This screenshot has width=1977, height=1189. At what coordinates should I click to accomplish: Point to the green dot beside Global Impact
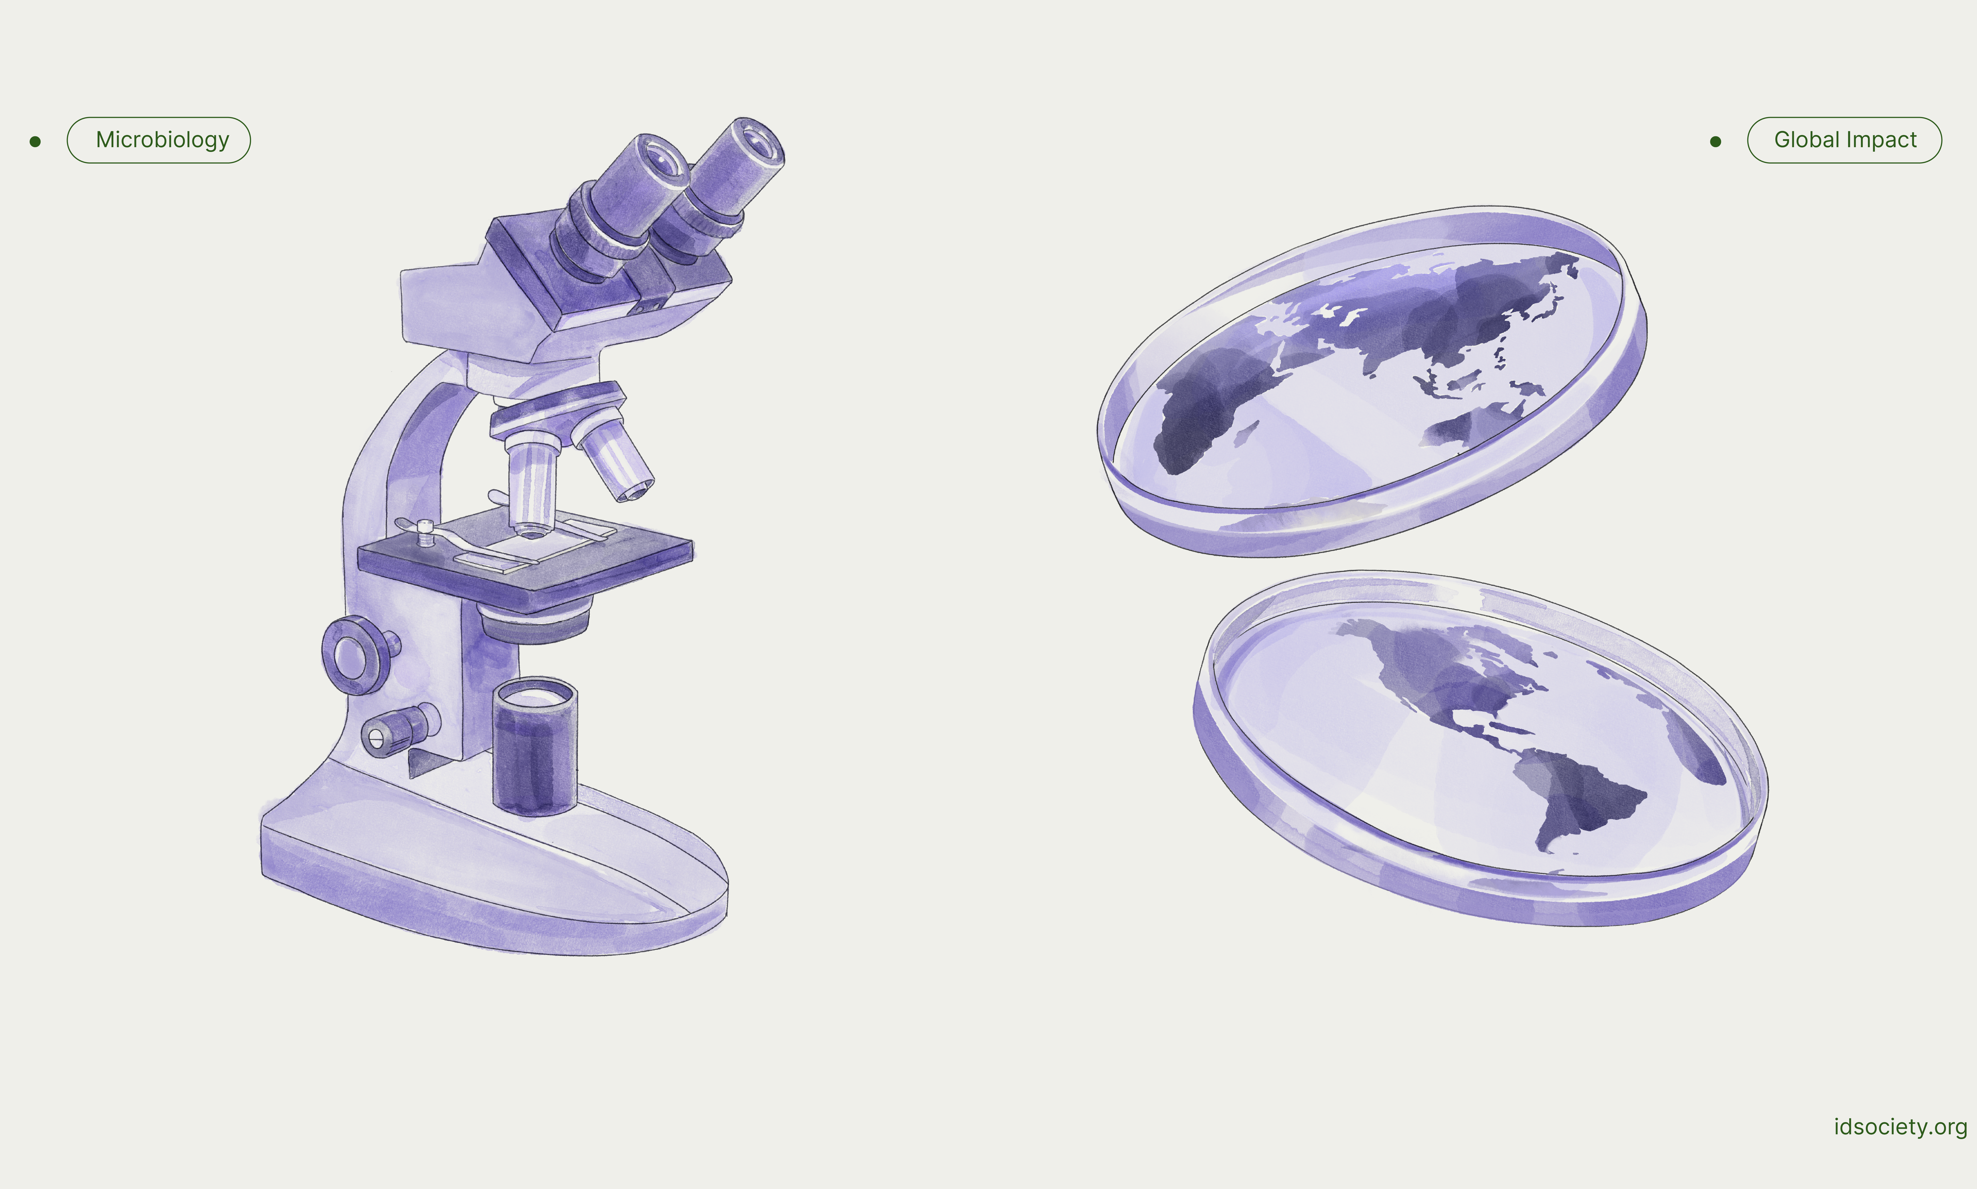pyautogui.click(x=1715, y=142)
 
